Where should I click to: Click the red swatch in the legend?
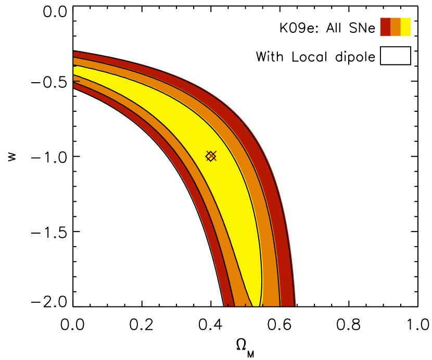385,27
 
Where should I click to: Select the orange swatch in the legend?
396,27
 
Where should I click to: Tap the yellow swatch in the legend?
406,27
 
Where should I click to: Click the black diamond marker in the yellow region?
210,156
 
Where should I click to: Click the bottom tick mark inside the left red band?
228,305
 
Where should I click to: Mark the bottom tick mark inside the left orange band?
245,305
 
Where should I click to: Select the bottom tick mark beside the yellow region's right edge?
262,305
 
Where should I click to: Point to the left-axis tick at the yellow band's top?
75,66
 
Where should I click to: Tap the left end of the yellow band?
75,71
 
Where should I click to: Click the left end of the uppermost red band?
75,54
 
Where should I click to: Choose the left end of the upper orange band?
75,61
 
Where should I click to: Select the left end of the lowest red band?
75,85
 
